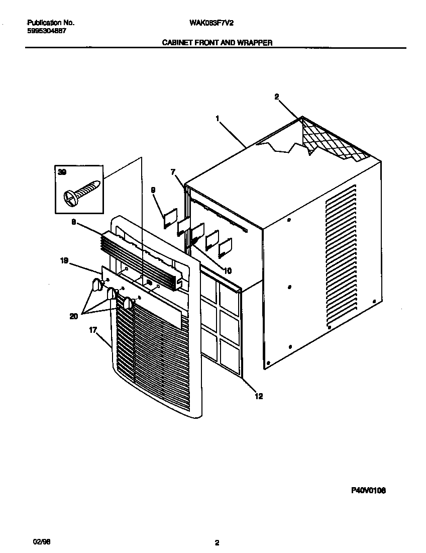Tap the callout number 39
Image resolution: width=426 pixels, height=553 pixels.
(x=62, y=172)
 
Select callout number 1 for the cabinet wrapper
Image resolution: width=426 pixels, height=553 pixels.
(x=217, y=118)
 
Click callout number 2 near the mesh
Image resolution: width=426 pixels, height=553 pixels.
(x=276, y=97)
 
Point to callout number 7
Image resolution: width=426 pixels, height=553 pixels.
(x=173, y=172)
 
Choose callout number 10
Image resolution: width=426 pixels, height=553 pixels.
(x=228, y=270)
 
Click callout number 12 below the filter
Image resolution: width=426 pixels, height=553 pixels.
(x=259, y=396)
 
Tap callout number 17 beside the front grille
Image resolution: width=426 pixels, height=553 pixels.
(x=93, y=330)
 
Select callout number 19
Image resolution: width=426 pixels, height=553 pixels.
(x=64, y=260)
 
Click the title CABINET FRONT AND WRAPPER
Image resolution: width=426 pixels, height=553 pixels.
(x=217, y=43)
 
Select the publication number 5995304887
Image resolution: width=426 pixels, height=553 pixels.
(x=46, y=31)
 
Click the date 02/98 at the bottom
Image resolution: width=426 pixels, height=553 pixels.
(x=40, y=541)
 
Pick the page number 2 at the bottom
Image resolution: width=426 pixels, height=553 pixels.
(x=217, y=542)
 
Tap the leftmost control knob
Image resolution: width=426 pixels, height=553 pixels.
(x=95, y=286)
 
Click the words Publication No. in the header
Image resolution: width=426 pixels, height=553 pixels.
(x=50, y=23)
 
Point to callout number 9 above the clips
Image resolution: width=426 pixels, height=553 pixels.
(x=153, y=190)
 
